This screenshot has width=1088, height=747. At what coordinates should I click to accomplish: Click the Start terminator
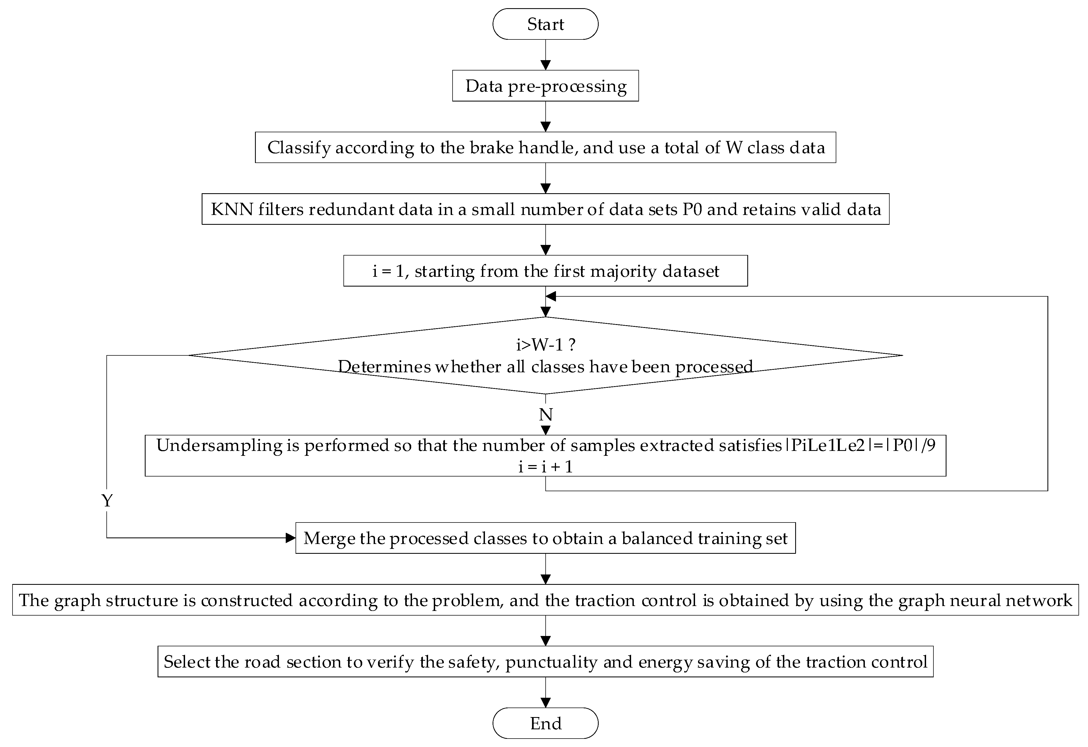click(545, 24)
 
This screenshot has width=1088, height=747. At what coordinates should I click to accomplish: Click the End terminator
click(545, 723)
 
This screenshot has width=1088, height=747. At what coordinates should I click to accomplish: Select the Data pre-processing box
click(545, 86)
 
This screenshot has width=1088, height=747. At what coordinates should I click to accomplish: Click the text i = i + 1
click(545, 467)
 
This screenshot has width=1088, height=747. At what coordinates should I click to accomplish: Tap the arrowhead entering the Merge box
click(291, 538)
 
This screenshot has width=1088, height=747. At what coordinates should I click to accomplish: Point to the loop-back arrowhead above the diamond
click(551, 296)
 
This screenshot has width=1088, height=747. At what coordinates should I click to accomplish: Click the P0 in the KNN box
click(692, 209)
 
